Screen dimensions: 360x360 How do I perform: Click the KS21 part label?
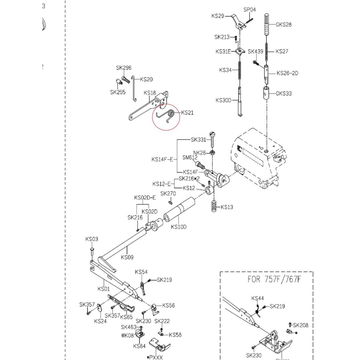click(187, 113)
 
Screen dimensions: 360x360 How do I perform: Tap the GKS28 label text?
click(283, 25)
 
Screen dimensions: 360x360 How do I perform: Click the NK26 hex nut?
click(212, 153)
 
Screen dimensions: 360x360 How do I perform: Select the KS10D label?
click(179, 227)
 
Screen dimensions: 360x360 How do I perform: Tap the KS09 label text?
click(127, 257)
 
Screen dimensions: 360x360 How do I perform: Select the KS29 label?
click(218, 16)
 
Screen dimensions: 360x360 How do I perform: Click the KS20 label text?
click(146, 79)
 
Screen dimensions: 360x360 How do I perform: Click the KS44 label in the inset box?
click(257, 299)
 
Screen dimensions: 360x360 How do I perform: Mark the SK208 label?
click(301, 325)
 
